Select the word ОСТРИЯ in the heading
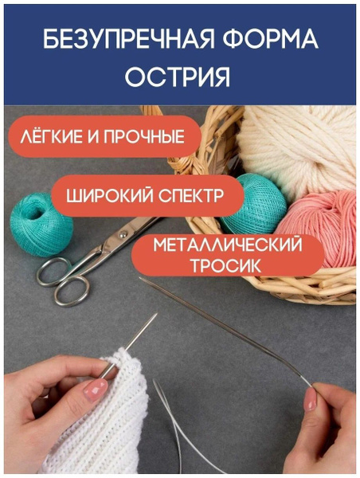pos(177,76)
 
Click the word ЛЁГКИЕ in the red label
pos(52,136)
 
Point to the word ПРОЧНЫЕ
pos(144,136)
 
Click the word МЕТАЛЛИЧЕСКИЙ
pos(228,245)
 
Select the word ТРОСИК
pos(226,265)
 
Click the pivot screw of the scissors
pos(123,234)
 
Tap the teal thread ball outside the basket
pos(41,224)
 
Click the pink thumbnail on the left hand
pos(96,390)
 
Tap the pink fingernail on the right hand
pos(311,399)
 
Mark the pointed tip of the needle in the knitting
pos(156,314)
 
